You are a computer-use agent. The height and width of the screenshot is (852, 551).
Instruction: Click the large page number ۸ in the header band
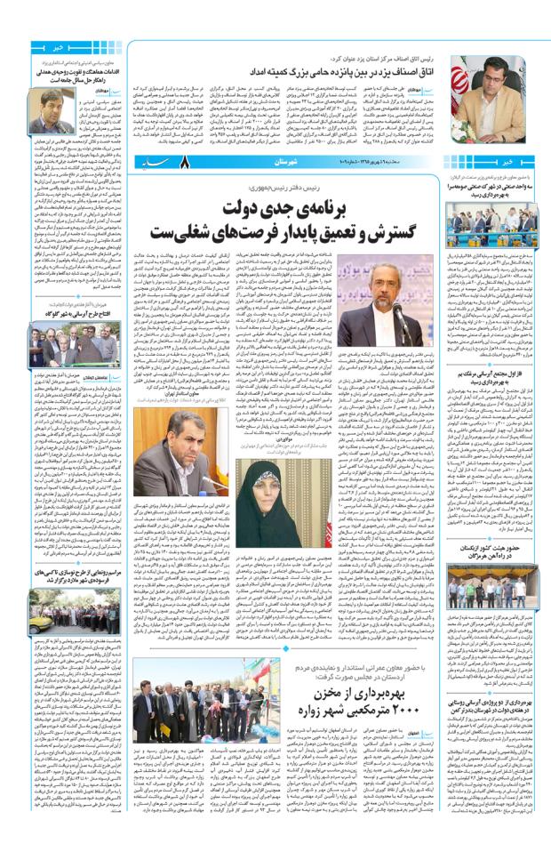[185, 164]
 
